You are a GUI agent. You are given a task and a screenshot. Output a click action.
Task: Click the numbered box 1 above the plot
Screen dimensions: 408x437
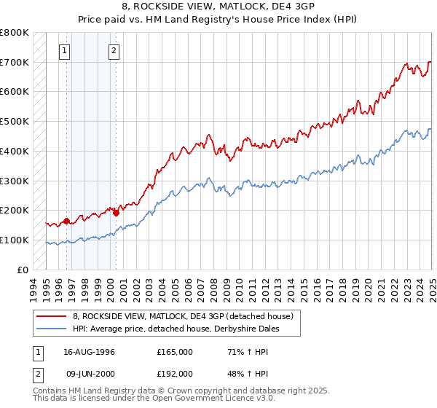[x=66, y=50]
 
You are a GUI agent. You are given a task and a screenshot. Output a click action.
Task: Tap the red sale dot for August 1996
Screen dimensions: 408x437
[x=66, y=220]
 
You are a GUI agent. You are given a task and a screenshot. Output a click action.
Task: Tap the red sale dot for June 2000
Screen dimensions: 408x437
[x=116, y=212]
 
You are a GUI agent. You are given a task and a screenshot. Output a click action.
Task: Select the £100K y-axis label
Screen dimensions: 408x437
[x=15, y=240]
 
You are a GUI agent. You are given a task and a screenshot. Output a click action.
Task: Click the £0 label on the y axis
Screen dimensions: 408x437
[x=23, y=270]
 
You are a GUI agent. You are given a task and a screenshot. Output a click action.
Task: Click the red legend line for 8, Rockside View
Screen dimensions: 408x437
[x=52, y=316]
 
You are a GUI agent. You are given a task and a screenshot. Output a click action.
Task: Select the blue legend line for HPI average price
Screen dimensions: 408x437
[x=52, y=329]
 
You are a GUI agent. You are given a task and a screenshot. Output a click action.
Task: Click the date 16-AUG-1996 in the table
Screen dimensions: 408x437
[x=89, y=352]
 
